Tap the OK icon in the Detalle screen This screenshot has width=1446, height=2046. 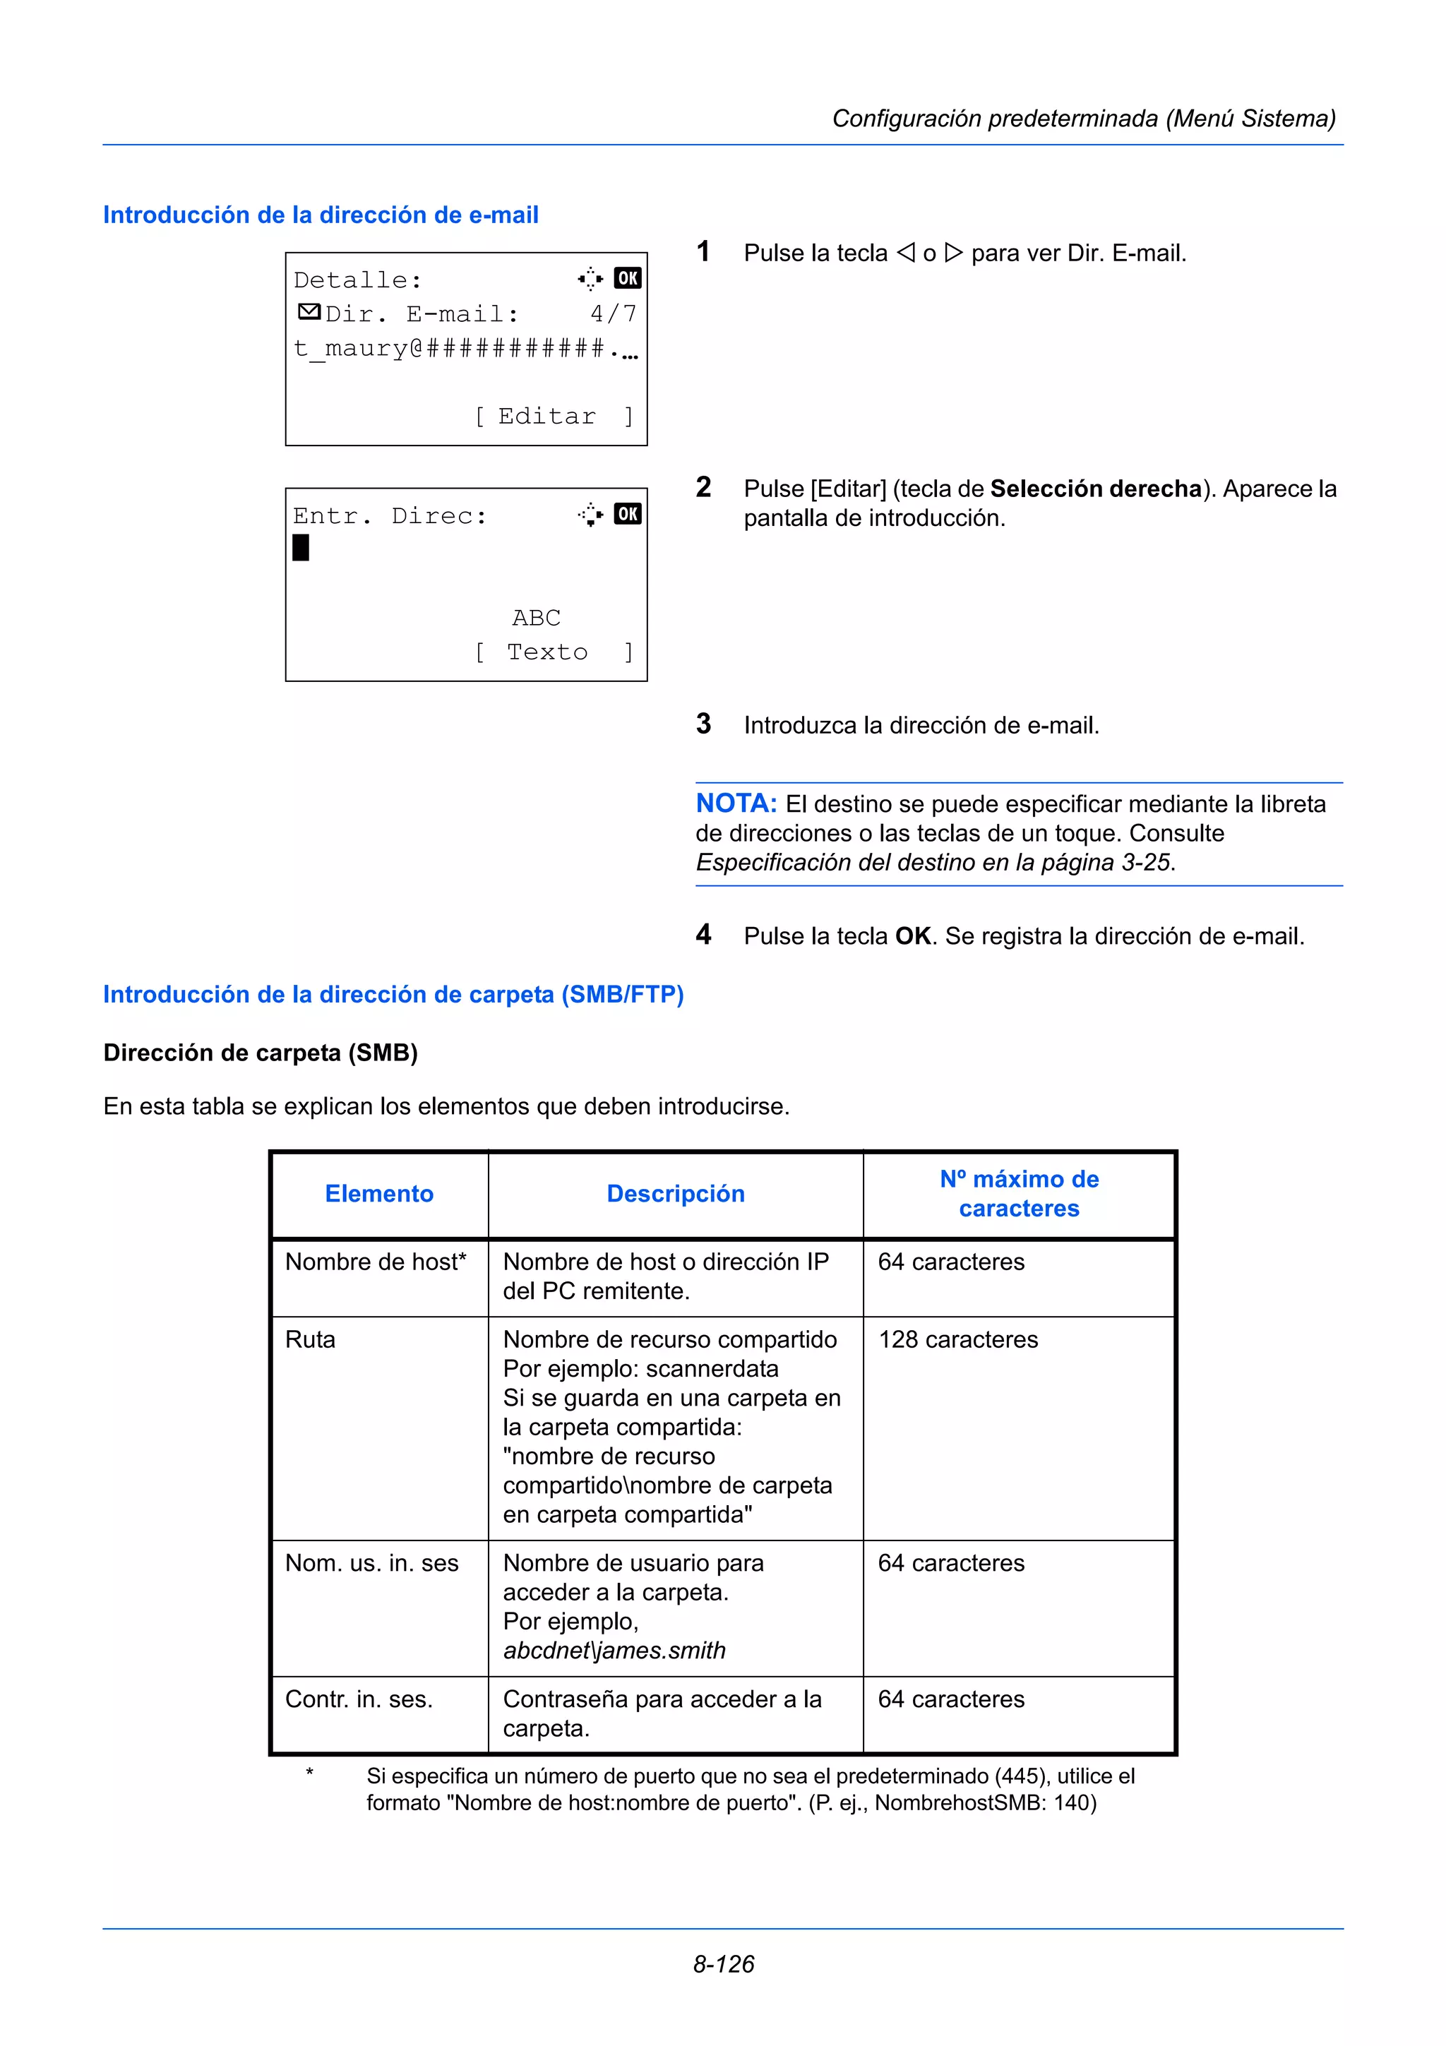[627, 278]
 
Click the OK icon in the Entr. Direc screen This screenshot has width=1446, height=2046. [627, 514]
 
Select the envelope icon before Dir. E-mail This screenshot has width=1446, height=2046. [309, 312]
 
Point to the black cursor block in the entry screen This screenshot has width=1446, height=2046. [301, 547]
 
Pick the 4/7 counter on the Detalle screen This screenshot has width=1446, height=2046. [613, 313]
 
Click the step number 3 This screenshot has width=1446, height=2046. [703, 724]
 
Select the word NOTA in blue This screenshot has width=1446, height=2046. [736, 803]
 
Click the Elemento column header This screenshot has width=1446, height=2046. [378, 1194]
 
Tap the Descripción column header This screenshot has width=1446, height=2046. [675, 1194]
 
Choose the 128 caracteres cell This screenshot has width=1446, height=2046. [958, 1340]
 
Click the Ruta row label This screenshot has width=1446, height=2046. [310, 1340]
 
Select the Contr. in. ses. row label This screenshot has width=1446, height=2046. [358, 1699]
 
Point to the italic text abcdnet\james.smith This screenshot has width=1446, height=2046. [614, 1651]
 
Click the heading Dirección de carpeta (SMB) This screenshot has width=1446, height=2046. [260, 1053]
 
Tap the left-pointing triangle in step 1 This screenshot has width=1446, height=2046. [905, 253]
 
